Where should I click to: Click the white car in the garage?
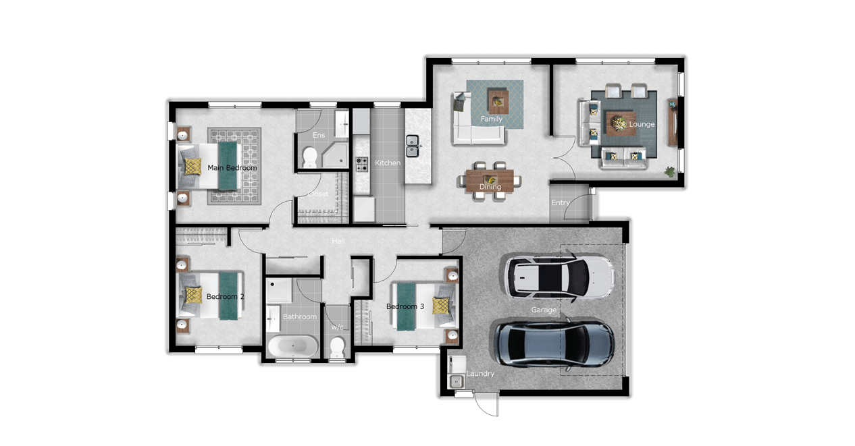(x=559, y=276)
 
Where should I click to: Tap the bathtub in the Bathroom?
(x=292, y=346)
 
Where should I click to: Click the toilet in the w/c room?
(x=338, y=347)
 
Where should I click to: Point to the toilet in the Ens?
(x=309, y=157)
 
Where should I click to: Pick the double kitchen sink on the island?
(x=412, y=146)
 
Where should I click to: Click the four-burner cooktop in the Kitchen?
(x=362, y=165)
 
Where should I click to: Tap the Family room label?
(x=491, y=119)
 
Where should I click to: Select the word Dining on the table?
(x=490, y=187)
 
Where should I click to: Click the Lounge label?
(x=642, y=124)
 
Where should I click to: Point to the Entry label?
(x=561, y=203)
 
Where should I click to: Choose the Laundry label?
(x=480, y=374)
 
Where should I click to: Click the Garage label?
(x=544, y=310)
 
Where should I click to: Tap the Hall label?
(x=338, y=241)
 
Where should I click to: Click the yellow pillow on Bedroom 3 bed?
(x=441, y=306)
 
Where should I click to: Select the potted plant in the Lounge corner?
(x=669, y=172)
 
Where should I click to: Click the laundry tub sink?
(x=456, y=381)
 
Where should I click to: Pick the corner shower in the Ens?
(x=335, y=155)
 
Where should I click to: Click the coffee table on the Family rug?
(x=498, y=101)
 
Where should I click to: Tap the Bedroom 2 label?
(x=225, y=297)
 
